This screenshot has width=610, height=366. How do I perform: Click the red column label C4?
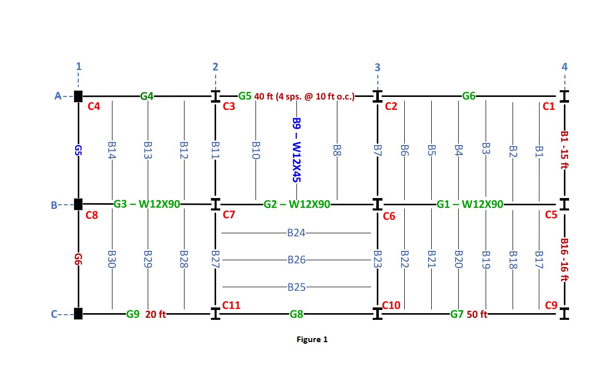point(94,107)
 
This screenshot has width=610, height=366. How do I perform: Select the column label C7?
point(229,215)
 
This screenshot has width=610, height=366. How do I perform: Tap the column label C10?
point(391,305)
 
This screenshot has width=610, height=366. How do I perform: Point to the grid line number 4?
point(564,67)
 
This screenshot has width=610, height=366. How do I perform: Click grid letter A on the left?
point(58,96)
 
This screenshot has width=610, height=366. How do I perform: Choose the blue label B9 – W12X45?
point(296,150)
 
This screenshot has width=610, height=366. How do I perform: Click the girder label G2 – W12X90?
point(296,204)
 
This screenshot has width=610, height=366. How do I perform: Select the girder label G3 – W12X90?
point(147,204)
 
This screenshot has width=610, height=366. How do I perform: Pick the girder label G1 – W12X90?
point(470,204)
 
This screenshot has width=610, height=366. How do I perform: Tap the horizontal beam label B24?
point(296,233)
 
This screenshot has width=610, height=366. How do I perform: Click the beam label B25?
point(296,287)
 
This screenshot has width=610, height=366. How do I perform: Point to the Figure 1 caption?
point(312,340)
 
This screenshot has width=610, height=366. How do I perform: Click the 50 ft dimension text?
point(476,314)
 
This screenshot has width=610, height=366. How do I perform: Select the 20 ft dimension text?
point(155,314)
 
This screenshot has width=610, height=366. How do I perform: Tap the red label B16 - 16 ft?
point(565,259)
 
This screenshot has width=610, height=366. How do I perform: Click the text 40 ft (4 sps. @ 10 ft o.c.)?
point(304,96)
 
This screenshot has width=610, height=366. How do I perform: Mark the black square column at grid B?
point(78,204)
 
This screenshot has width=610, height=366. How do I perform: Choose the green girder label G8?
point(296,314)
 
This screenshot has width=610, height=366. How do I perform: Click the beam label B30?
point(112,259)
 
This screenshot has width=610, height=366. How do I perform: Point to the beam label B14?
point(112,150)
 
